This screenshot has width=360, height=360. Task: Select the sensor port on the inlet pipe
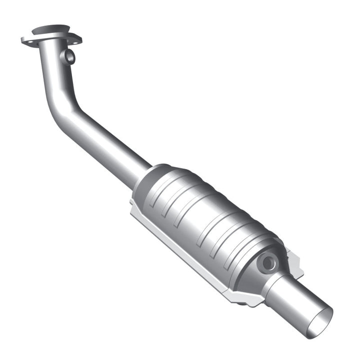tap(69, 56)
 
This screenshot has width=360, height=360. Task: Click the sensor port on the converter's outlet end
tap(268, 261)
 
